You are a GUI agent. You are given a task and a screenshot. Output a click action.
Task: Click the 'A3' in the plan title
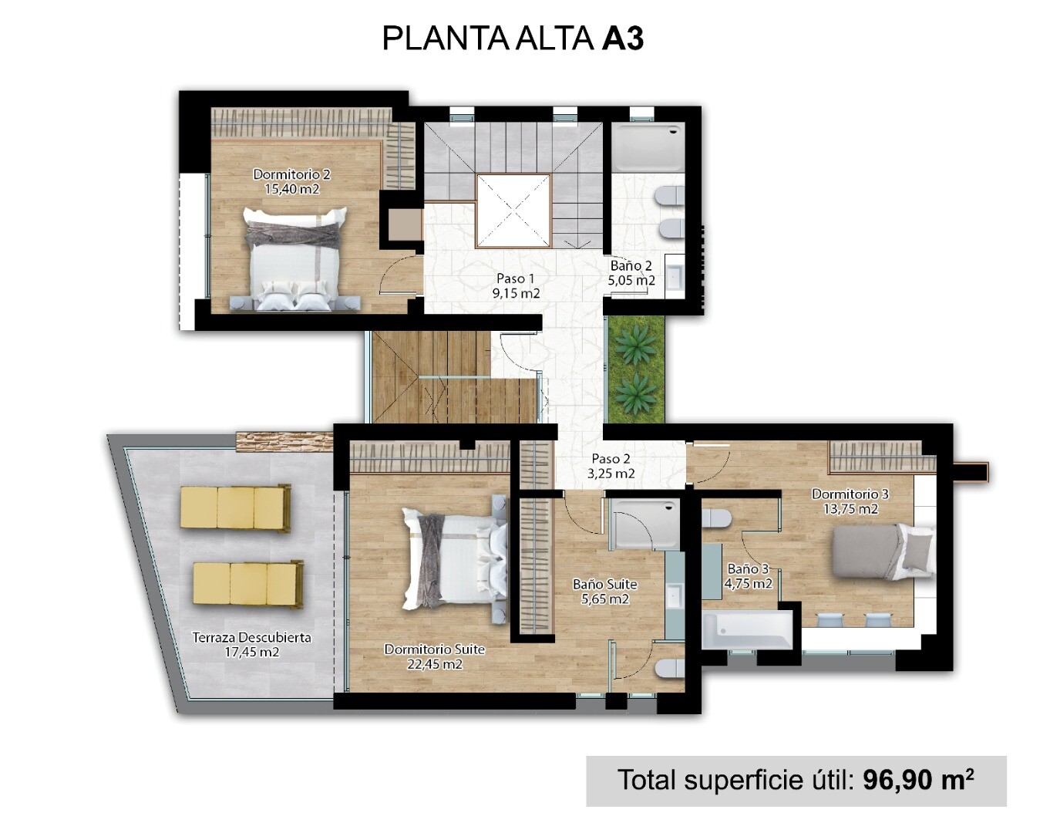pos(623,39)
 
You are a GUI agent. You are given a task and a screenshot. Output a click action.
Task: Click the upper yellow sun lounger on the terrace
pos(236,508)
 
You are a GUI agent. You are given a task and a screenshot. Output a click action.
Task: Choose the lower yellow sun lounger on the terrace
pos(248,585)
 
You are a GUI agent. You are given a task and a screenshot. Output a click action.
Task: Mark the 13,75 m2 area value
pos(850,509)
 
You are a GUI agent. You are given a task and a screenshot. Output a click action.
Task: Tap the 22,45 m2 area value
pos(435,664)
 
